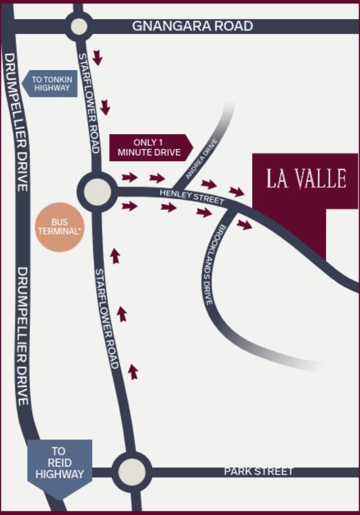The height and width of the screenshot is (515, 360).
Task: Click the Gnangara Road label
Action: [192, 26]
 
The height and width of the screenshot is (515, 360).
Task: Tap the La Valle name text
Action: [306, 179]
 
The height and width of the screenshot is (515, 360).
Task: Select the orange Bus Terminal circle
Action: [60, 227]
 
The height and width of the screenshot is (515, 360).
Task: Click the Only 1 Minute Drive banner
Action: [150, 148]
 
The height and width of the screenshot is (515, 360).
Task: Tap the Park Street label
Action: [259, 471]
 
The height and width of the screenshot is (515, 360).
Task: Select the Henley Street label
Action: [192, 197]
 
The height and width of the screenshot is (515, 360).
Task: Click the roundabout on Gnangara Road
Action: [79, 26]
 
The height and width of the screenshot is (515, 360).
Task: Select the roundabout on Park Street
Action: [132, 469]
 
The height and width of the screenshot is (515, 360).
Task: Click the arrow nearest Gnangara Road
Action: [97, 58]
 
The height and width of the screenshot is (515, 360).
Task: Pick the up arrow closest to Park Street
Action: [133, 372]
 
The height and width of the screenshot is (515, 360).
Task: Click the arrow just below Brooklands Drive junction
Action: [244, 225]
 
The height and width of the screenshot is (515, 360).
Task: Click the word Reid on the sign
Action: [59, 463]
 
